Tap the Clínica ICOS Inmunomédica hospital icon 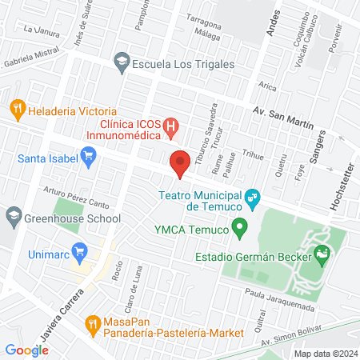coord(170,126)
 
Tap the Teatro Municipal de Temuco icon coord(253,196)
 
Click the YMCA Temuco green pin coord(238,232)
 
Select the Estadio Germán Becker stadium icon coord(322,257)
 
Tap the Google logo coord(27,350)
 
